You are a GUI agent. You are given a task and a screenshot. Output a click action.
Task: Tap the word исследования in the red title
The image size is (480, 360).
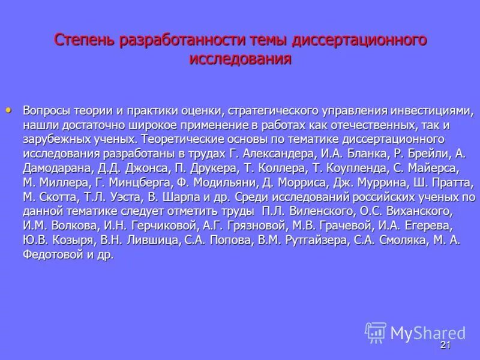(241, 59)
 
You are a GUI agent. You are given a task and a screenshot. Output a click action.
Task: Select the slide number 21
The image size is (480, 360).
(445, 345)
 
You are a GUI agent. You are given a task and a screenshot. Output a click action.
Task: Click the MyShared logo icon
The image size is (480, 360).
(376, 332)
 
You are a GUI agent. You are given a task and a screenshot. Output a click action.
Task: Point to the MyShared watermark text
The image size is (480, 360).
(428, 333)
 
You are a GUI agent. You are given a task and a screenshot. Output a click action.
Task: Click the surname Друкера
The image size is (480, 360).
(215, 169)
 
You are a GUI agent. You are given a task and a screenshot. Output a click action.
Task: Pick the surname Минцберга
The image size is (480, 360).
(141, 183)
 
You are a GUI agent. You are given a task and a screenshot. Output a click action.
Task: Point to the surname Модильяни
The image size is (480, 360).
(228, 183)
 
